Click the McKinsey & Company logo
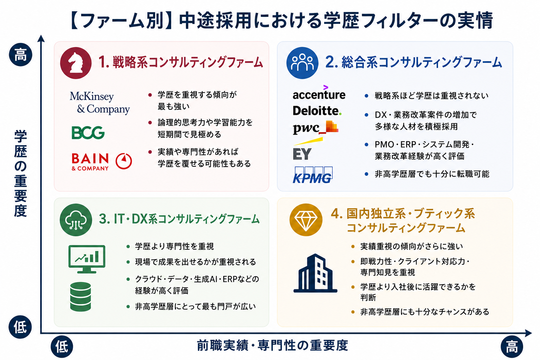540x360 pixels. tap(100, 103)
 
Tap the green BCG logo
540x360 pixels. tap(88, 133)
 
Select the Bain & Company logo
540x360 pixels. tap(102, 162)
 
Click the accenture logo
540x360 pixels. tap(319, 92)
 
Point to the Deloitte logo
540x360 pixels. tap(317, 111)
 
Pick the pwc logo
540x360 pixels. tap(316, 128)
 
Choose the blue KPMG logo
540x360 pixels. tap(313, 175)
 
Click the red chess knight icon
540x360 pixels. tap(76, 63)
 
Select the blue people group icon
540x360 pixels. tap(302, 63)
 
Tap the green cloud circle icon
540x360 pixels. tap(76, 220)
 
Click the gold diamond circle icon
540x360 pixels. tap(306, 220)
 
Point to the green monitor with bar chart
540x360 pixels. tap(87, 259)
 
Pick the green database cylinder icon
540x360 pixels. tap(81, 297)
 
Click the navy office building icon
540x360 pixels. tap(315, 273)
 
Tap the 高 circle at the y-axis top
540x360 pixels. tap(20, 55)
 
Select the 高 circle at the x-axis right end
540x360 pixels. tap(512, 347)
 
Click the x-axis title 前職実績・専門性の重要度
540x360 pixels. tap(272, 345)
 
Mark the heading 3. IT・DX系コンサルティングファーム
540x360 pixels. tap(179, 219)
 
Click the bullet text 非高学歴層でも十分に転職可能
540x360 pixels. tap(432, 174)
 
